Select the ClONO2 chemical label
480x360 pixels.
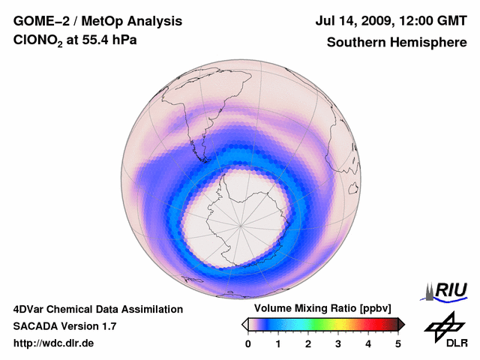click(40, 42)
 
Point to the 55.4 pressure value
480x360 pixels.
click(100, 42)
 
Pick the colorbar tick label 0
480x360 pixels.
click(248, 343)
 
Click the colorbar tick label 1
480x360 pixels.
click(278, 343)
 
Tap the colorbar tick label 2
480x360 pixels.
click(308, 343)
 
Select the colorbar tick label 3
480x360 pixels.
click(338, 343)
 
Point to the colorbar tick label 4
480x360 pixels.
click(368, 343)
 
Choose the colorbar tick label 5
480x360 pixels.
click(398, 343)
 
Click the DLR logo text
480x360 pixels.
click(457, 343)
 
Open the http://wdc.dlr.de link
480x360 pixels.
click(54, 343)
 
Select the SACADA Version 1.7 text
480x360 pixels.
click(64, 326)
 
